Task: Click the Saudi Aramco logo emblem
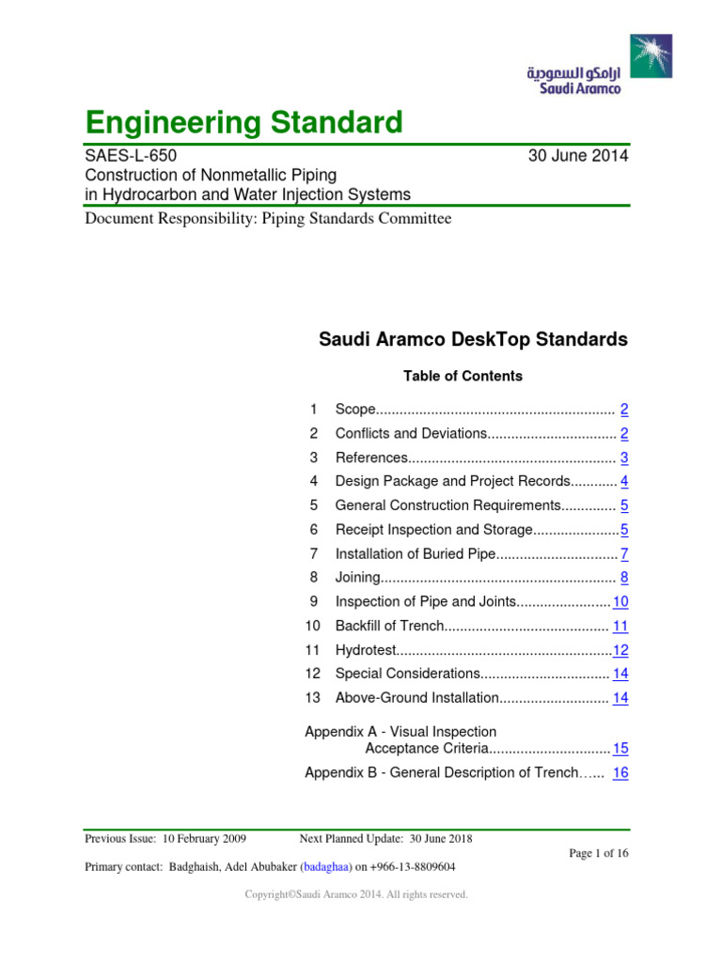tap(651, 55)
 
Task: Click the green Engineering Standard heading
tap(243, 122)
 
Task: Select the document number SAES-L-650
tap(131, 156)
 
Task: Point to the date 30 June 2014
tap(579, 156)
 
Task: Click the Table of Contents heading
tap(463, 376)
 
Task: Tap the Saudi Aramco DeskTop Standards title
tap(474, 340)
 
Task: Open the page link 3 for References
tap(624, 458)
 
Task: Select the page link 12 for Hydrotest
tap(620, 650)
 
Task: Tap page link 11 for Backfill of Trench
tap(620, 626)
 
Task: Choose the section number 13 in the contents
tap(313, 698)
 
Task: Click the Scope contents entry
tap(355, 410)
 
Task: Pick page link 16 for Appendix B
tap(620, 773)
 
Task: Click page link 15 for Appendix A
tap(620, 749)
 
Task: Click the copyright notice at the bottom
tap(356, 895)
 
